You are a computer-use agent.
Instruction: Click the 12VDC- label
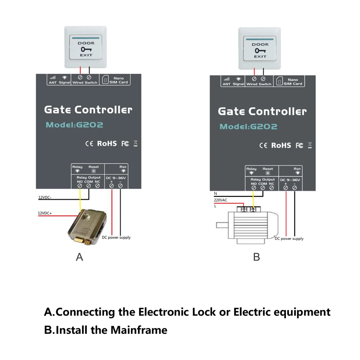45,197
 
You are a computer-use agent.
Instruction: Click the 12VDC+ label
45,213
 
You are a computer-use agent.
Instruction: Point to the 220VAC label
220,200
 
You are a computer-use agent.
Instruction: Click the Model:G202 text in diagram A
74,125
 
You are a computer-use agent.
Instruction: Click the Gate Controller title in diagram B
262,111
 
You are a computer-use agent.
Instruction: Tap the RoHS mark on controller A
107,143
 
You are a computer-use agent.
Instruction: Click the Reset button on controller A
94,172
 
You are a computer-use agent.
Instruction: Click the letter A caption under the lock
80,257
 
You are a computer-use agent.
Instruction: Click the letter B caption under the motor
256,257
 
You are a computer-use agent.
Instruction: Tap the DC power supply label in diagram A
116,237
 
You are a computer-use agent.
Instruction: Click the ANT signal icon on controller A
53,77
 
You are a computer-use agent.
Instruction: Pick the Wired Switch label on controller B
258,84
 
